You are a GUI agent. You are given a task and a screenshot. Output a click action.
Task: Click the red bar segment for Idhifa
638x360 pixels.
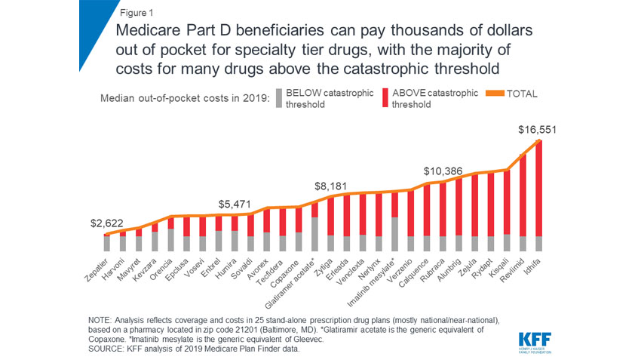pyautogui.click(x=538, y=188)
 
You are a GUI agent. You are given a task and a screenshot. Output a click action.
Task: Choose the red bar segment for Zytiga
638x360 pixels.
pyautogui.click(x=330, y=216)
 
